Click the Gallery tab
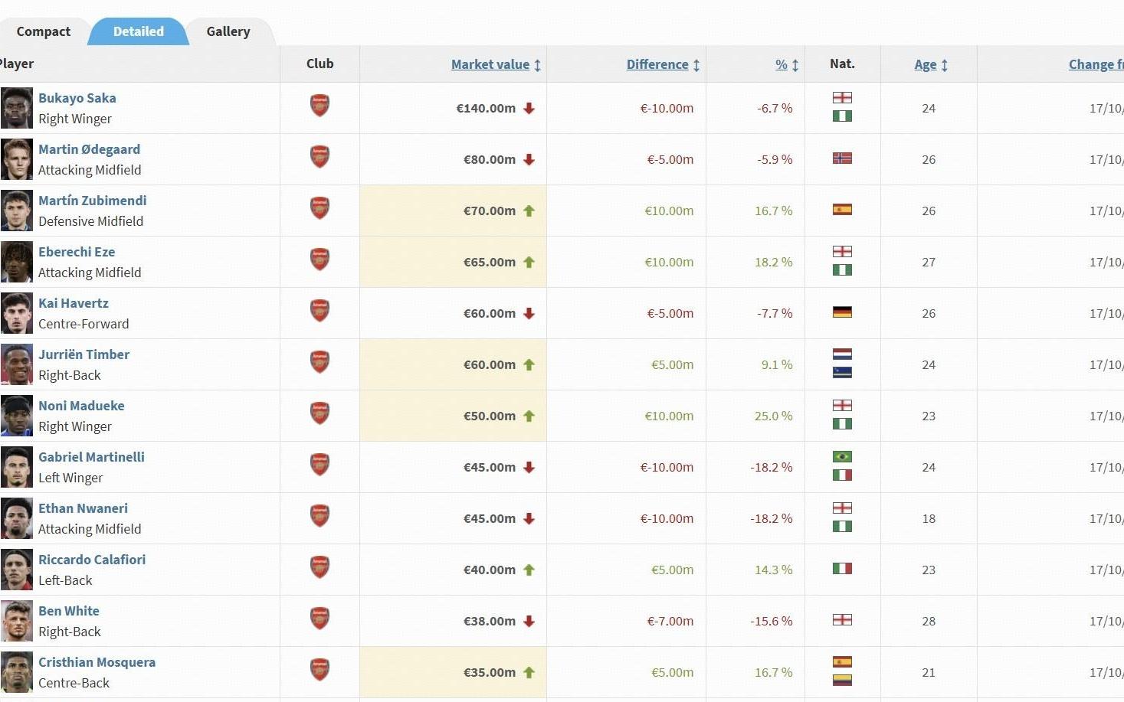(228, 31)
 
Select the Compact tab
(44, 31)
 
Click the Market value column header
(490, 64)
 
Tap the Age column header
(926, 64)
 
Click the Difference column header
(657, 64)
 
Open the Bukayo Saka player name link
(77, 98)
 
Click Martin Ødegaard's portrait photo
(17, 159)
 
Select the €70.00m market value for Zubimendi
(490, 211)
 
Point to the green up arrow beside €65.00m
(529, 262)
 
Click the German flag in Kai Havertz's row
(842, 312)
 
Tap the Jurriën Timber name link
(84, 354)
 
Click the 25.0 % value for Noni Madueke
(773, 416)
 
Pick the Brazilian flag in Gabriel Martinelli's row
(842, 457)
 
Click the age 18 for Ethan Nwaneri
(929, 518)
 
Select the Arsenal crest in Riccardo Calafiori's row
(320, 567)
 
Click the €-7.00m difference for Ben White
(670, 621)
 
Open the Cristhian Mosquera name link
(97, 662)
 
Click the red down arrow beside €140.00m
(529, 108)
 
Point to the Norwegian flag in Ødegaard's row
(842, 158)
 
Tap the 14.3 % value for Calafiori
(773, 570)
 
